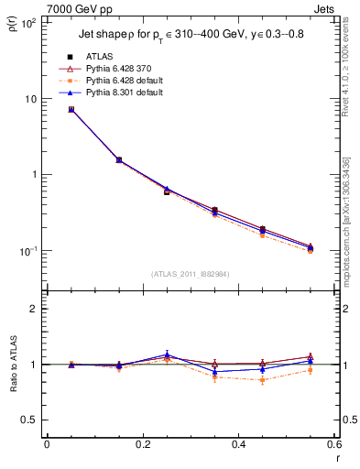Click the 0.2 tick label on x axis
141,444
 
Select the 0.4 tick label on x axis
237,444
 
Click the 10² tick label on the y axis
28,23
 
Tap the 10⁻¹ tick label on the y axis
28,250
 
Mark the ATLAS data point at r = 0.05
71,109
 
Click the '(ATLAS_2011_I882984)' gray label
190,274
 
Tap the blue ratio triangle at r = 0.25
167,354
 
